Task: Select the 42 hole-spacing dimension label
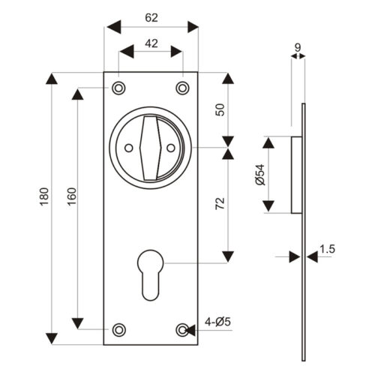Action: tap(151, 43)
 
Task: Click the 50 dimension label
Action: tap(220, 109)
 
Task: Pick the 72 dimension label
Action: tap(220, 203)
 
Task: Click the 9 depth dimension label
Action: tap(298, 48)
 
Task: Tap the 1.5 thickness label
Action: tap(327, 248)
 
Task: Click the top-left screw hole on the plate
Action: tap(118, 88)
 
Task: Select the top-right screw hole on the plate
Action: tap(182, 88)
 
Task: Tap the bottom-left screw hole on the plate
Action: tap(118, 329)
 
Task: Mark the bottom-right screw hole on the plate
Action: tap(182, 329)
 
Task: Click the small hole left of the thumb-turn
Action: tap(128, 148)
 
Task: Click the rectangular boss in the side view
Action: tap(295, 173)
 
